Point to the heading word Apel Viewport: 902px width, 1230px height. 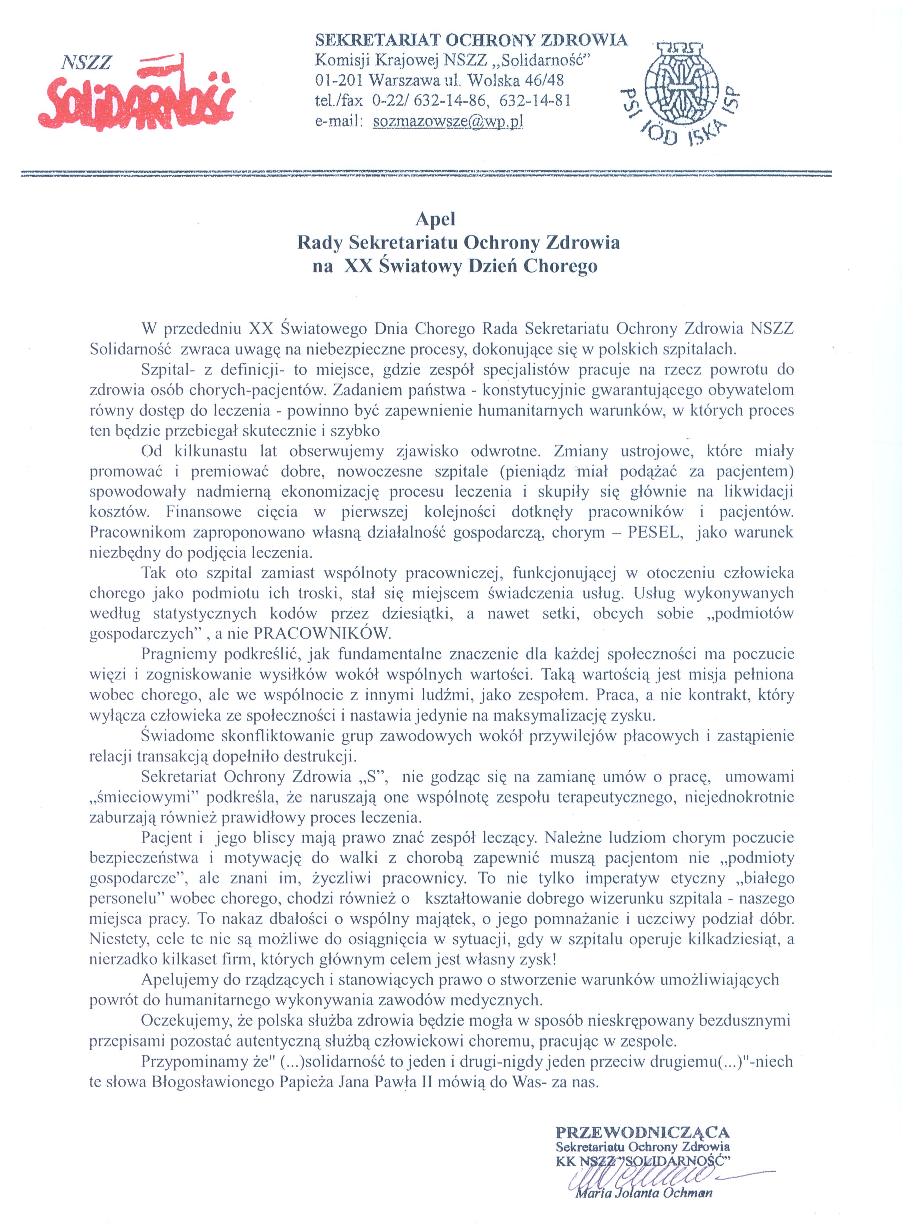pos(435,220)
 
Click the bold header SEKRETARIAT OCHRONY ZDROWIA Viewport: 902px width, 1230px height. pos(471,40)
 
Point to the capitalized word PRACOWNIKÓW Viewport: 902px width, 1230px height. pos(323,633)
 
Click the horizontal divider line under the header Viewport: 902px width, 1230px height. pos(426,173)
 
